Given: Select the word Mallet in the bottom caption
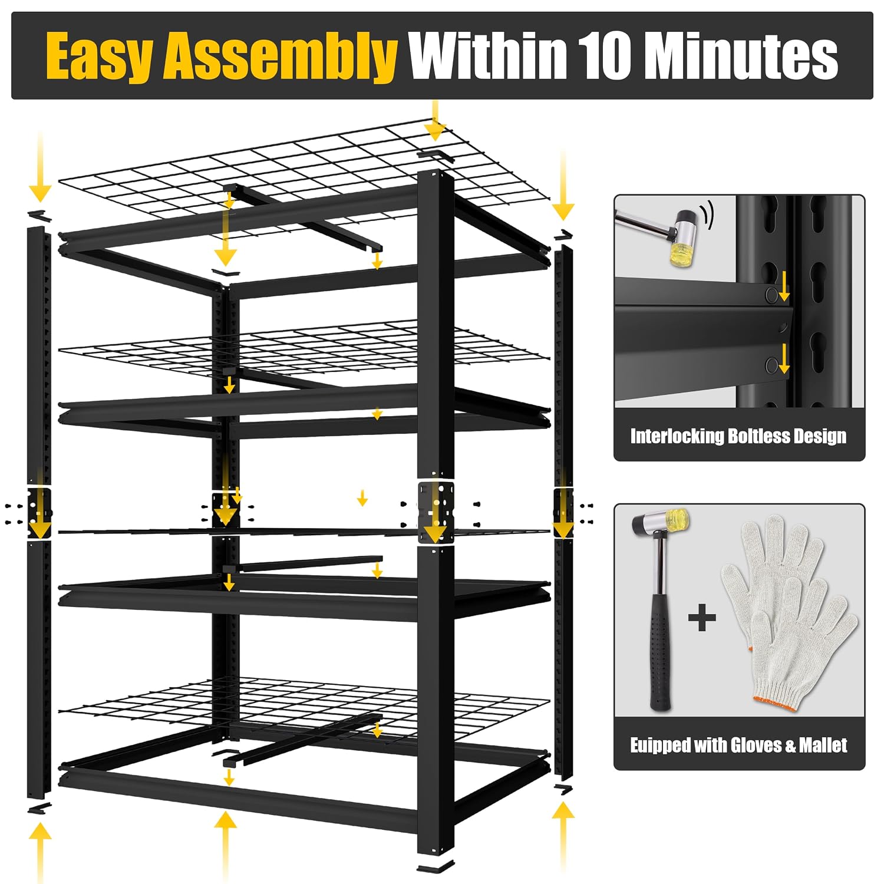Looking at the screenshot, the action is pos(823,746).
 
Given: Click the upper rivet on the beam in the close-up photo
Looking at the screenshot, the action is pos(771,295).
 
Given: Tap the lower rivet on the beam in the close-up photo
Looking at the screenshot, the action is pos(771,366).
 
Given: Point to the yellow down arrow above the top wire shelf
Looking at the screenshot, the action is pos(435,120).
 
